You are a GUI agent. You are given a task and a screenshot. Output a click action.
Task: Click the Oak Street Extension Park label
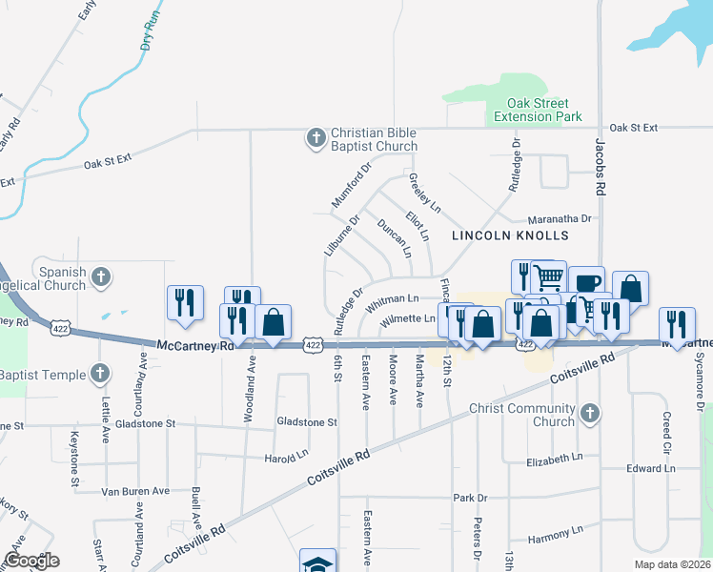coord(538,110)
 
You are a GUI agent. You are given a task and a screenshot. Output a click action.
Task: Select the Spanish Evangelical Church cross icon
coord(101,277)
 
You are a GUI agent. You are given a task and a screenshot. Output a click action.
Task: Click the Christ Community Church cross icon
coord(590,413)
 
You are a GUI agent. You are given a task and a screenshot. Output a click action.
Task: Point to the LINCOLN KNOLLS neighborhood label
coord(510,235)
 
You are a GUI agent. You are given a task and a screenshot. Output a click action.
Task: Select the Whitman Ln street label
coord(392,302)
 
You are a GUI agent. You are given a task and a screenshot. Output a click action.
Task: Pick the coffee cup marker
coord(586,282)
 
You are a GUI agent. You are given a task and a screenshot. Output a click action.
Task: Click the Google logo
coord(31,561)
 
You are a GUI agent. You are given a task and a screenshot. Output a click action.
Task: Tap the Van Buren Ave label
coord(135,491)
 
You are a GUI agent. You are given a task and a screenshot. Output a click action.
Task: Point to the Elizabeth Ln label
coord(554,459)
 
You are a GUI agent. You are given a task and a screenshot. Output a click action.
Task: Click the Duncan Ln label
coord(394,238)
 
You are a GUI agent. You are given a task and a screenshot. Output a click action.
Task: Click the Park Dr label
coord(470,498)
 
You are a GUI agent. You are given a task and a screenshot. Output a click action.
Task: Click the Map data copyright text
coord(672,563)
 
